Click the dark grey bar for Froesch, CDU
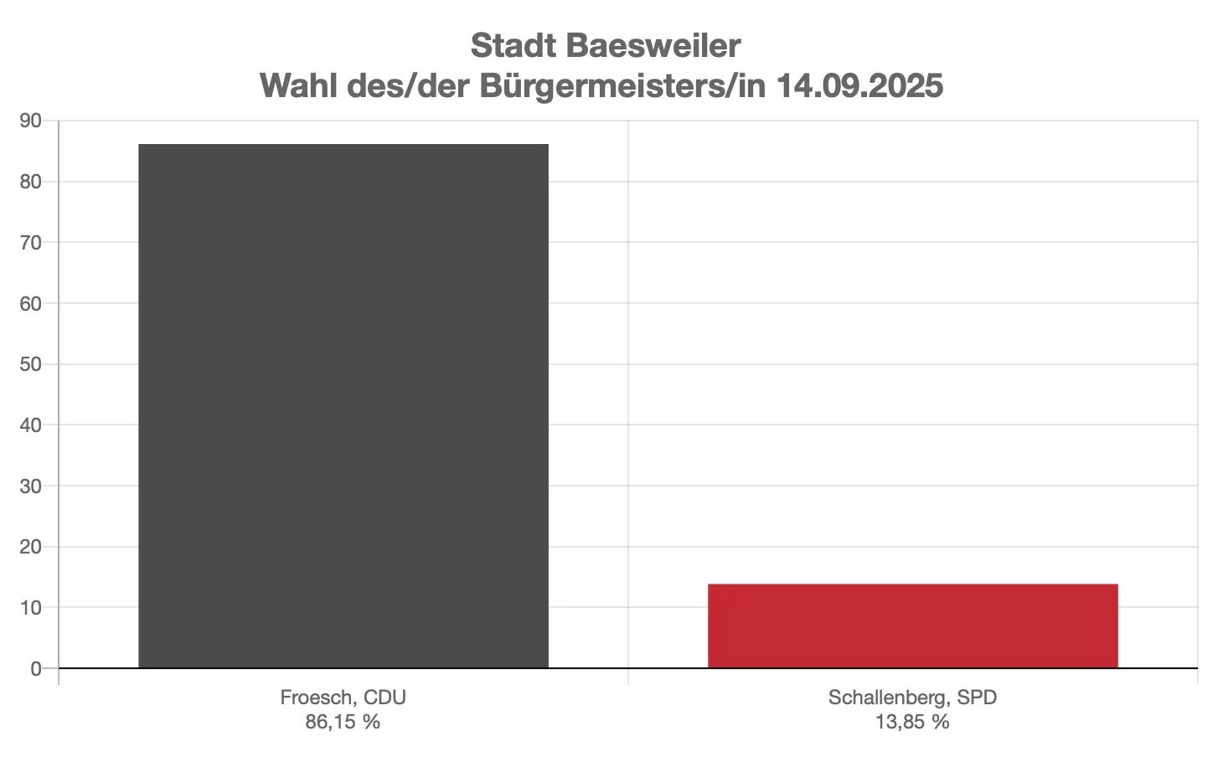click(x=343, y=406)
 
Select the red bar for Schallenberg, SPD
click(x=912, y=626)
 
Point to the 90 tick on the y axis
click(x=31, y=121)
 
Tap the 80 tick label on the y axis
click(x=31, y=182)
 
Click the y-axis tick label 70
click(x=31, y=243)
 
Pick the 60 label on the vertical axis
click(x=31, y=303)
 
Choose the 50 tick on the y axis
click(x=31, y=364)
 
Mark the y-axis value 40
click(x=31, y=425)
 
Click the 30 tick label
click(x=31, y=486)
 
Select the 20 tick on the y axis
click(x=31, y=547)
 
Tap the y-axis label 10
click(x=31, y=608)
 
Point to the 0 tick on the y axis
click(x=36, y=668)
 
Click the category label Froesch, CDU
click(x=343, y=698)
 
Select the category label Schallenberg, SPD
click(x=912, y=698)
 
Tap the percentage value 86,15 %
click(x=343, y=722)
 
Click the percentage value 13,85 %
click(x=912, y=722)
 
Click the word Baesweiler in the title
click(x=659, y=46)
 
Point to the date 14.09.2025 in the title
click(x=859, y=85)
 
